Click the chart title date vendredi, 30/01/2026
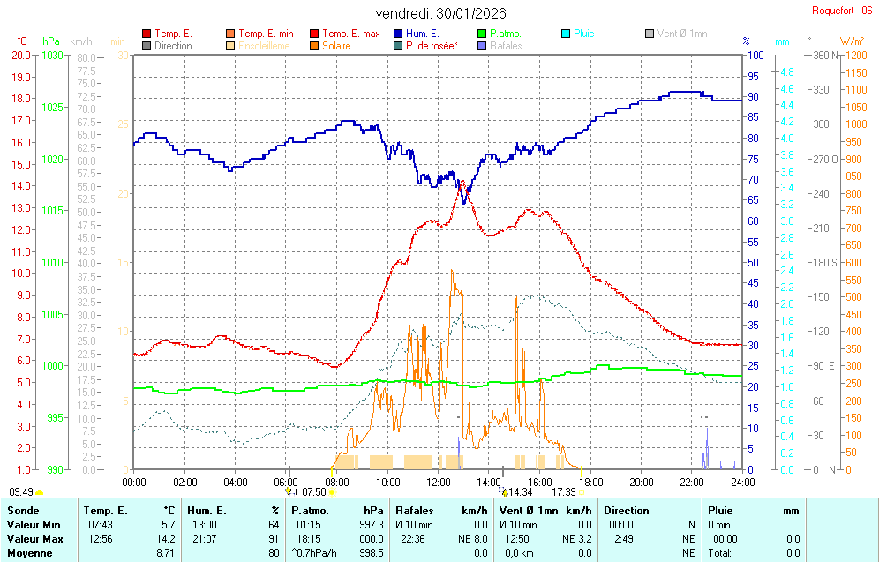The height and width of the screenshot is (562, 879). coord(440,13)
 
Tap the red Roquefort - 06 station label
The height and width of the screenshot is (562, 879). coord(844,11)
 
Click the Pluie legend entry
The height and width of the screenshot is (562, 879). coord(583,34)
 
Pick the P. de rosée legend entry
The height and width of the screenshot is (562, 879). coord(431,46)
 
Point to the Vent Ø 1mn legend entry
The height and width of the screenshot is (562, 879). coord(681,34)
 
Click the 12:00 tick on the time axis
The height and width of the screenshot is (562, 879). coord(439,482)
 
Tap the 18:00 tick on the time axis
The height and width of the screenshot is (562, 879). coord(590,482)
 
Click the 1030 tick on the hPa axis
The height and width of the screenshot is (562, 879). coord(52,55)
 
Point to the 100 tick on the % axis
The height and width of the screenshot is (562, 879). coord(755,55)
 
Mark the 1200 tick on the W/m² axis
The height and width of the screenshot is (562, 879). coord(853,55)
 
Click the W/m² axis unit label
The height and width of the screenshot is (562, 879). coord(852,41)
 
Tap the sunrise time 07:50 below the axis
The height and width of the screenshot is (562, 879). coord(314,492)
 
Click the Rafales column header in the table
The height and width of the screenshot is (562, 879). coord(416,510)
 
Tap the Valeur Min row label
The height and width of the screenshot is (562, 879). coord(33,524)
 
